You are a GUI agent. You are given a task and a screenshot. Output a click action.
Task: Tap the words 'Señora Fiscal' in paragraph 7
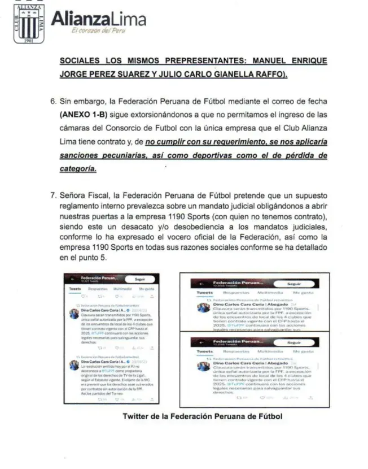85,197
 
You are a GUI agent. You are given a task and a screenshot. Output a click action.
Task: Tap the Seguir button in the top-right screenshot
294,284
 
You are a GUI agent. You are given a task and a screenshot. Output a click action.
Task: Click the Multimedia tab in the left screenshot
122,289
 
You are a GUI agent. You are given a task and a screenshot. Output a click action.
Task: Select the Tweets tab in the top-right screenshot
204,293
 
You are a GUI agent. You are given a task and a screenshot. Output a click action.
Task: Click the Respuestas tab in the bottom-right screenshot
233,351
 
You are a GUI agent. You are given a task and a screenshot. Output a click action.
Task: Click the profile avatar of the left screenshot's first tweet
74,314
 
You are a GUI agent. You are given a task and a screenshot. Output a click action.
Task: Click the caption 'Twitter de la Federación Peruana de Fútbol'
201,417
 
